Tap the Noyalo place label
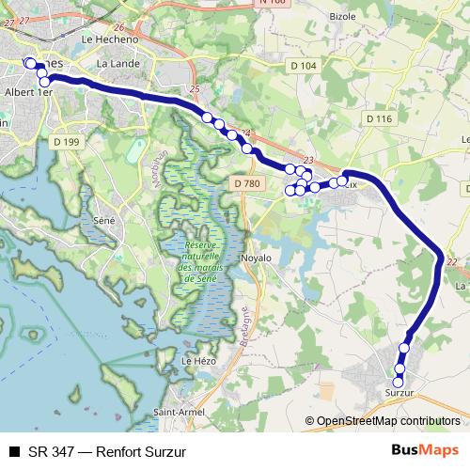(256, 257)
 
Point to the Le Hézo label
(198, 360)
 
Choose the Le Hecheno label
(110, 39)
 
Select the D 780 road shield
(243, 182)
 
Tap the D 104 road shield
(303, 64)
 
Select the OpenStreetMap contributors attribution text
(387, 421)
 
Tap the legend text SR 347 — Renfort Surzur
(107, 451)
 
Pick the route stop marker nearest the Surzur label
(399, 381)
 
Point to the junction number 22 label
(453, 262)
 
